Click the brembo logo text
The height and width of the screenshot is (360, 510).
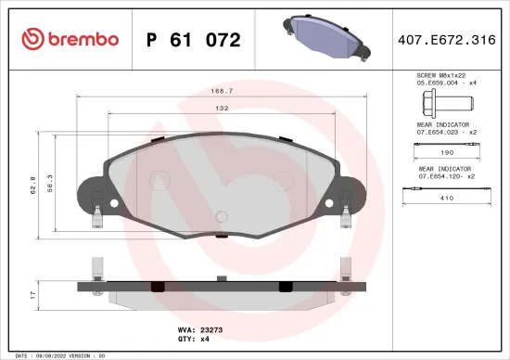click(x=69, y=39)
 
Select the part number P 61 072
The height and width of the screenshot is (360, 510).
click(x=194, y=40)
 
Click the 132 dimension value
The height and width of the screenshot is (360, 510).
click(x=223, y=108)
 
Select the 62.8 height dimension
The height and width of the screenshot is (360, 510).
click(x=34, y=185)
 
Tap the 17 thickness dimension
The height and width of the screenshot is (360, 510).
click(x=33, y=294)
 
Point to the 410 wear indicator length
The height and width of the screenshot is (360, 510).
click(x=444, y=198)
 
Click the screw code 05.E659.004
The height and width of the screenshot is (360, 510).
click(x=436, y=83)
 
